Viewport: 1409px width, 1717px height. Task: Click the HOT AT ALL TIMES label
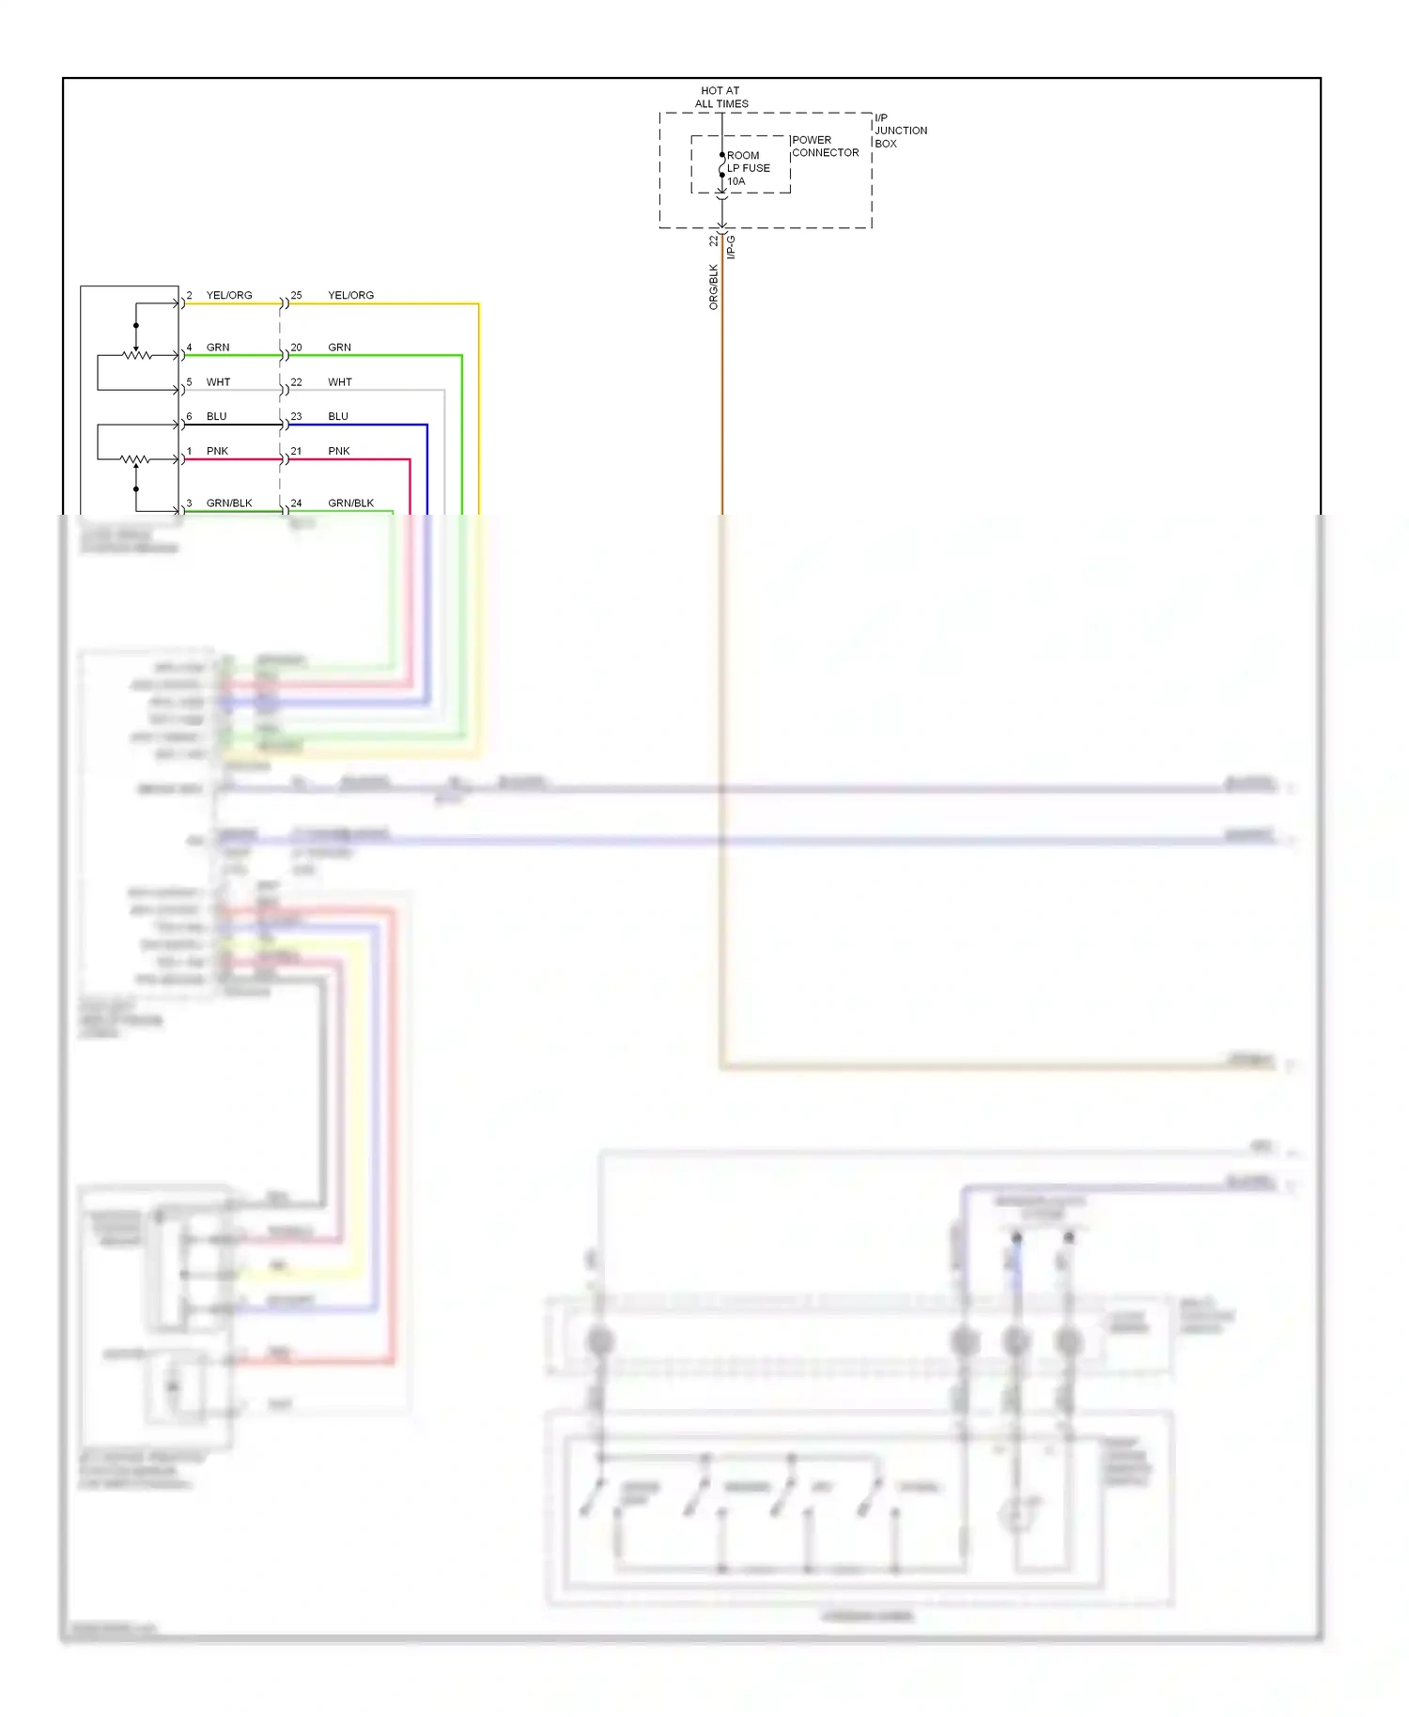720,98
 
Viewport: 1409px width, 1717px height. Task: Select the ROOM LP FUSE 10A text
748,168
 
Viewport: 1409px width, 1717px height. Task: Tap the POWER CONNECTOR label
825,146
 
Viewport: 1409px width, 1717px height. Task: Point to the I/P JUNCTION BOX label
900,131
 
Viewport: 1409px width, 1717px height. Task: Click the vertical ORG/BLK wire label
713,286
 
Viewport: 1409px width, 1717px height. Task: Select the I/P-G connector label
731,247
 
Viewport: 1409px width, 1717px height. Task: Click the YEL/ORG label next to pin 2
229,295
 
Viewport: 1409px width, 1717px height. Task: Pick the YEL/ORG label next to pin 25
350,295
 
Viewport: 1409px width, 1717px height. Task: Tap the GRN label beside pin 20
339,348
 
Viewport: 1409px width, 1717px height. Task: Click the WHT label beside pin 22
339,382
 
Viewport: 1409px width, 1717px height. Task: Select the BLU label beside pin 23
338,416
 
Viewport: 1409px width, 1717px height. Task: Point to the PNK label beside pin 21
338,451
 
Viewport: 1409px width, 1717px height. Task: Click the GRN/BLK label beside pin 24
350,503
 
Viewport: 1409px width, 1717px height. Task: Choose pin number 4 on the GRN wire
189,348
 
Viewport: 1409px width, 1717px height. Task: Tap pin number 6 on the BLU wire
189,416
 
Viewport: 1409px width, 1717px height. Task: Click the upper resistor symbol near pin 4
137,355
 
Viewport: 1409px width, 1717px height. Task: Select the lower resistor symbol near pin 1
135,460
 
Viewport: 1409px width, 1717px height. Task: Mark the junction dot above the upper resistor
136,326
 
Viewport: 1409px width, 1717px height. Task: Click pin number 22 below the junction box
713,241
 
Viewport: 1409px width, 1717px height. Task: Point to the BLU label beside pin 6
216,416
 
